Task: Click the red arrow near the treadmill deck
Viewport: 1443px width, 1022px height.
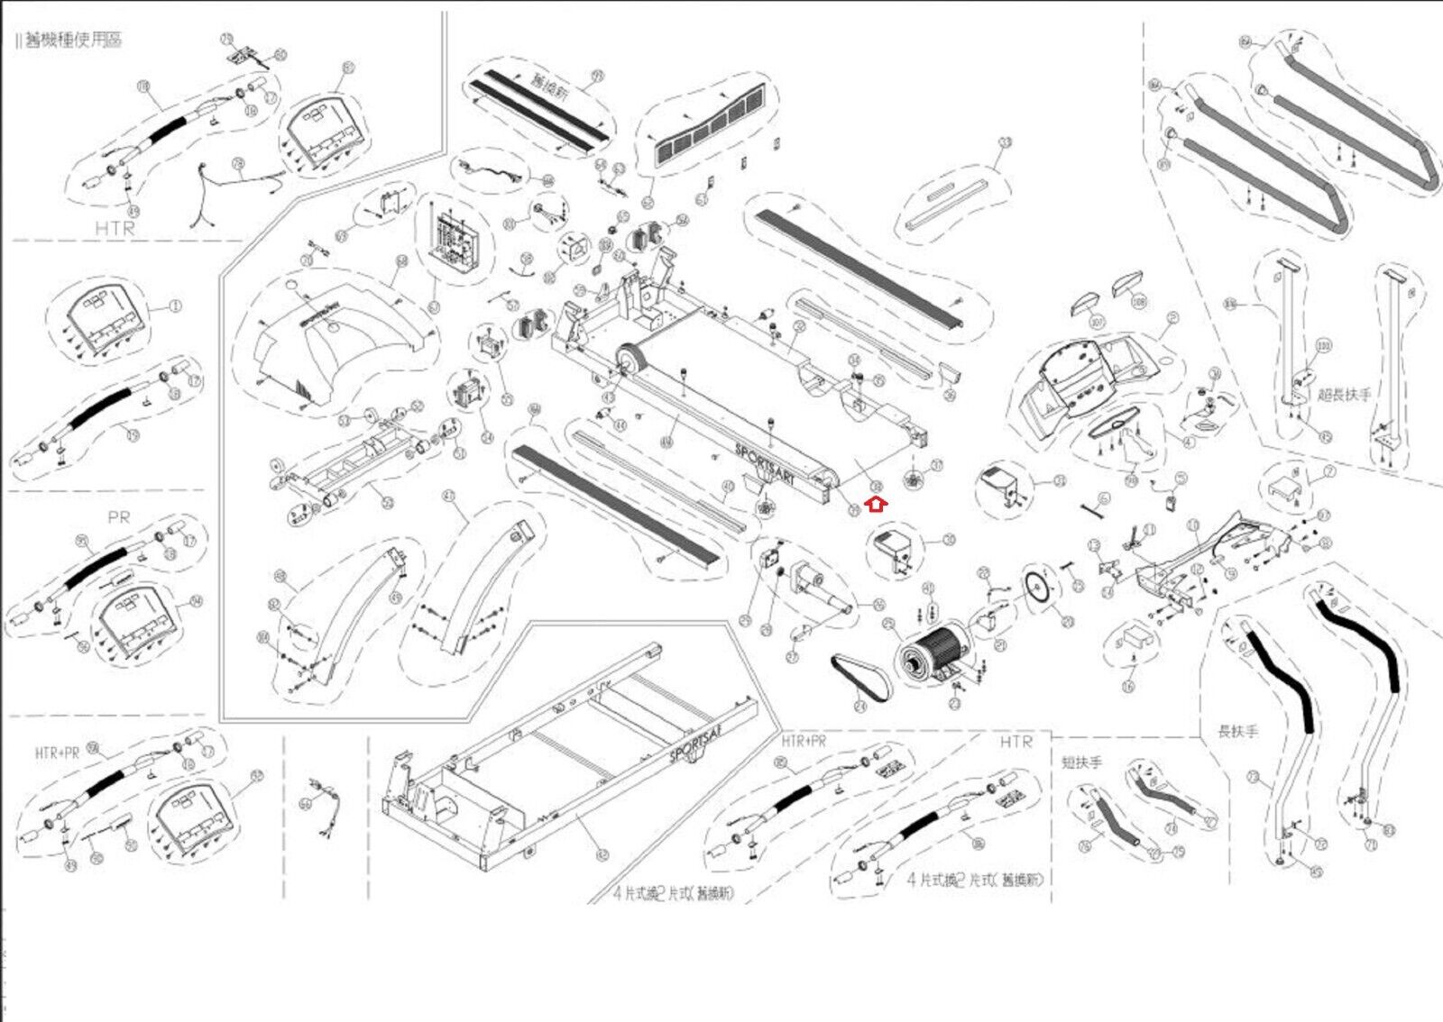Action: [877, 506]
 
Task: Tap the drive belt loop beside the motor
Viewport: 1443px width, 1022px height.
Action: [859, 677]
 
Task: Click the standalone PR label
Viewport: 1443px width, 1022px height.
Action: [119, 517]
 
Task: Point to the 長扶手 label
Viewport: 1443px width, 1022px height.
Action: [1237, 732]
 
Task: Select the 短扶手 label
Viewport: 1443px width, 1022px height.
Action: [1081, 762]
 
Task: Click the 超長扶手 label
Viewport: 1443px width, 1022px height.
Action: [1344, 395]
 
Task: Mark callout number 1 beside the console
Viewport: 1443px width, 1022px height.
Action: [175, 306]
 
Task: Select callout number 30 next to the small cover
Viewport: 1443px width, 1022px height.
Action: [949, 541]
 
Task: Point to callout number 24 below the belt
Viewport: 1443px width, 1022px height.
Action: [859, 707]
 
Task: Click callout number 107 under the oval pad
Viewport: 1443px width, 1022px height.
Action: [1097, 322]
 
